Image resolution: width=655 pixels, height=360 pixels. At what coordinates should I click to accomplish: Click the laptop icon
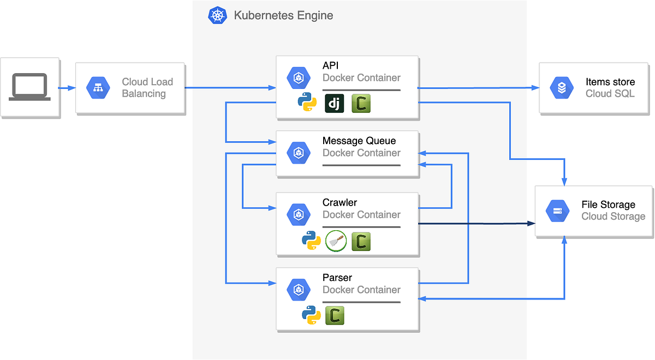click(x=29, y=87)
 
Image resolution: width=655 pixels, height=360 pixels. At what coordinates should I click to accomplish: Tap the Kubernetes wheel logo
click(x=218, y=15)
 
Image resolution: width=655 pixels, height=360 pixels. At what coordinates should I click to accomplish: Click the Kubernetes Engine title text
click(x=283, y=15)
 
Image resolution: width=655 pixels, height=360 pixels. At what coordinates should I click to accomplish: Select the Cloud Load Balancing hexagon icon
click(x=98, y=88)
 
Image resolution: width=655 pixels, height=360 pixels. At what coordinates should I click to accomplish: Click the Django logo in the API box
click(x=335, y=103)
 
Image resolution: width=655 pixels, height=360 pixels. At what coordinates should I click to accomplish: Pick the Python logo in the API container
click(x=307, y=102)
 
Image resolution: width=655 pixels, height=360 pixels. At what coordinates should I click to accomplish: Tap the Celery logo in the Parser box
click(x=335, y=315)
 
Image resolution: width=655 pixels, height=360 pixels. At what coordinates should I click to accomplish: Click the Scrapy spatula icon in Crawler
click(x=336, y=241)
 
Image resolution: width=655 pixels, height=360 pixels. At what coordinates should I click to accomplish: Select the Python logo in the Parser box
click(x=311, y=315)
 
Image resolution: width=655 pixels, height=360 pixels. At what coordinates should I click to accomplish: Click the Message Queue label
click(x=359, y=141)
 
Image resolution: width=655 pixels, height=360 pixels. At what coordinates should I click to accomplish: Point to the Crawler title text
click(x=340, y=202)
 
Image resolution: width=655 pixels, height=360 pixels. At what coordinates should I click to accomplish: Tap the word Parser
click(x=337, y=278)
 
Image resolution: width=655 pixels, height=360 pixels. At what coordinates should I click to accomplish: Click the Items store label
click(x=610, y=82)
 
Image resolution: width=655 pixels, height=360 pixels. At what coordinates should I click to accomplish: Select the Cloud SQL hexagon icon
click(x=562, y=88)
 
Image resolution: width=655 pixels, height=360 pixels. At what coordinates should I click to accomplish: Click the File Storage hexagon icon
click(x=558, y=211)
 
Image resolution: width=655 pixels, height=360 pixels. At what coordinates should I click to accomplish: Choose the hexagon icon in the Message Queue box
click(x=299, y=153)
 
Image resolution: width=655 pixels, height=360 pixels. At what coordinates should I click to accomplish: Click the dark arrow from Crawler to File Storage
click(x=477, y=224)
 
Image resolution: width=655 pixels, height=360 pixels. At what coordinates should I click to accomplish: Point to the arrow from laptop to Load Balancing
click(x=67, y=88)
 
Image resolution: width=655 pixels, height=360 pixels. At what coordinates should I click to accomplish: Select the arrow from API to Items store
click(x=478, y=88)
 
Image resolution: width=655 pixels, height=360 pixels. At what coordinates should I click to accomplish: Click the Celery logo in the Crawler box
click(x=361, y=241)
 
